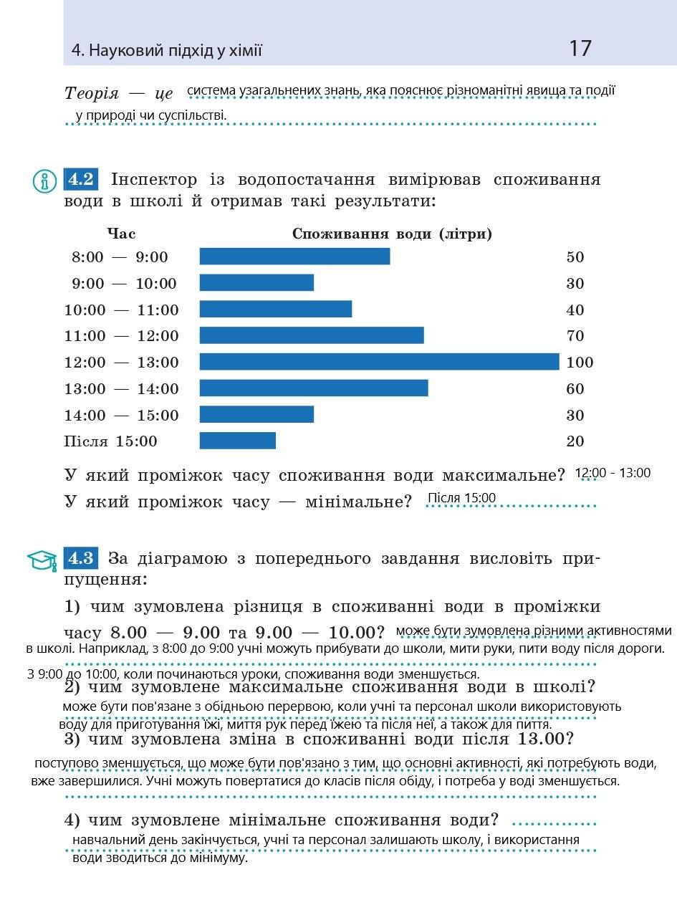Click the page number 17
tap(580, 49)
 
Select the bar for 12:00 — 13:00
tap(379, 362)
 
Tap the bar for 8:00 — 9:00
tap(294, 257)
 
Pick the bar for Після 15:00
tap(237, 441)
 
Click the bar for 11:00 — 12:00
tap(312, 335)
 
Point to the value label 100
tap(580, 363)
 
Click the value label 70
tap(575, 336)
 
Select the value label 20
tap(575, 441)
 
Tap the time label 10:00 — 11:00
tap(122, 310)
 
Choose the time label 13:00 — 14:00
tap(122, 389)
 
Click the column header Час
tap(121, 234)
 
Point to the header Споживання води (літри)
tap(392, 234)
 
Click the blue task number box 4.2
tap(81, 179)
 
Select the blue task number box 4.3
tap(81, 558)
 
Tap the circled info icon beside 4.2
tap(44, 181)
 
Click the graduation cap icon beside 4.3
tap(42, 560)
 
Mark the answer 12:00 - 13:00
tap(613, 473)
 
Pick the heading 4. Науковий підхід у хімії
tap(167, 51)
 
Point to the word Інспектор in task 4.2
tap(153, 179)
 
